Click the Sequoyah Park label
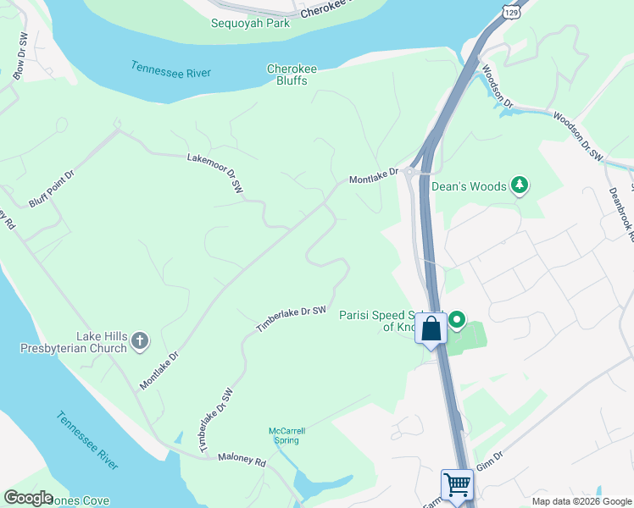250,23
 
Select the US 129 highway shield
509,9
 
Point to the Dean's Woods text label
469,186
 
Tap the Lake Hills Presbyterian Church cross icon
140,342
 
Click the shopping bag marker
431,328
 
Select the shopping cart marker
457,485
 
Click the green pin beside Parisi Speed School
458,320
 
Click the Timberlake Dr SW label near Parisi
292,319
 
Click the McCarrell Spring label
286,436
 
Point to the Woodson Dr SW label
576,135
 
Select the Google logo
29,497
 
